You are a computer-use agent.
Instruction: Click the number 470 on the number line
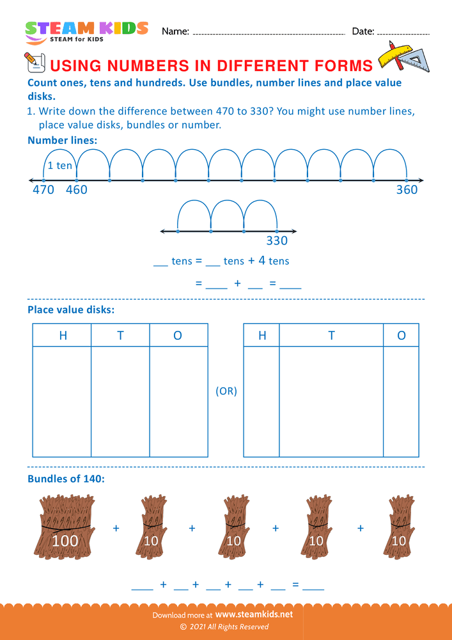43,189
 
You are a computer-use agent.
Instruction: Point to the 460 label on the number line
77,189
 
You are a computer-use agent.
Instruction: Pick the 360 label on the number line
407,189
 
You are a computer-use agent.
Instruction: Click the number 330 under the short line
277,241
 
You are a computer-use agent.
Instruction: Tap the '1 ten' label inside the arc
60,166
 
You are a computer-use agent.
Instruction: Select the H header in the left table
63,335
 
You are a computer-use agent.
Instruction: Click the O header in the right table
401,335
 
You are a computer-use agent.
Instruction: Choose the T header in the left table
120,335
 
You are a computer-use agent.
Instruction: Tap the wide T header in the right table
331,335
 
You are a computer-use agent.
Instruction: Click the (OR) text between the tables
226,391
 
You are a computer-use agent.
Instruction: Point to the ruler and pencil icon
403,56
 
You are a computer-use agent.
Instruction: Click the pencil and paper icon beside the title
33,62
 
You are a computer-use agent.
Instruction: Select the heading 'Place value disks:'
71,310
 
